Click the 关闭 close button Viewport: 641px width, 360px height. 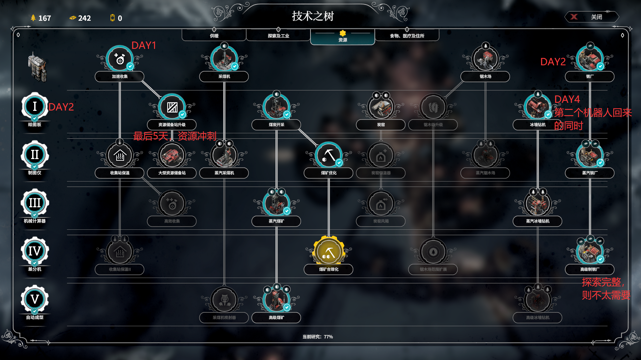[591, 17]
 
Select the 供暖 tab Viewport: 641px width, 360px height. [214, 35]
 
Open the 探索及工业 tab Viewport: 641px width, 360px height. [278, 35]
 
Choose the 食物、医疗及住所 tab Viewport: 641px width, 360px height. [407, 35]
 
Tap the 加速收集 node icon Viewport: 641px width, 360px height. [120, 59]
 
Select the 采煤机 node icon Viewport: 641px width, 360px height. [224, 59]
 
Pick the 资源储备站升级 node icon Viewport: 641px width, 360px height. [172, 107]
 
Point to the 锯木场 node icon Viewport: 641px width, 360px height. [485, 59]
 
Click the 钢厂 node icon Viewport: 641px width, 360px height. [590, 59]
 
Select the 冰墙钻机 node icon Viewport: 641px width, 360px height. [538, 107]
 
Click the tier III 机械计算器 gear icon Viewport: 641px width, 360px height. [35, 203]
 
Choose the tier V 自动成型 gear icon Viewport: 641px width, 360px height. [35, 299]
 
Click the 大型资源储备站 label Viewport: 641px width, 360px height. [172, 173]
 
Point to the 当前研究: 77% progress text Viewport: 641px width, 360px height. [317, 337]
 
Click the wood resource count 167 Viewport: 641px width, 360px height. [44, 18]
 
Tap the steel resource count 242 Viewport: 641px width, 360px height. [84, 18]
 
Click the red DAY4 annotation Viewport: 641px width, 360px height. [567, 99]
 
